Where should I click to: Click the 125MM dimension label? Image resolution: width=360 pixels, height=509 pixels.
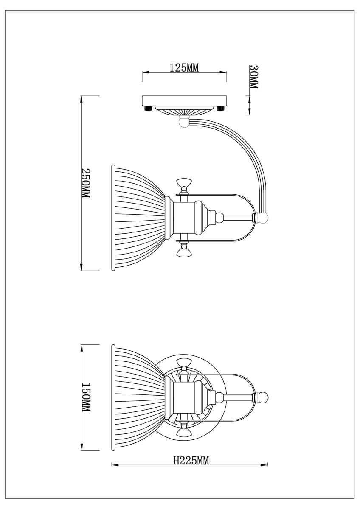[x=184, y=68]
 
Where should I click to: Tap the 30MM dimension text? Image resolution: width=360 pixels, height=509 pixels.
[x=253, y=77]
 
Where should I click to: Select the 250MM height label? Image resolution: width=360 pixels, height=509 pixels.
[x=86, y=183]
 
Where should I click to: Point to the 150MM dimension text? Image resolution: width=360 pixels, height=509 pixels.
[x=86, y=399]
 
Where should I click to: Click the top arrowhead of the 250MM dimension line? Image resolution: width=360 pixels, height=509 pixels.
[x=81, y=99]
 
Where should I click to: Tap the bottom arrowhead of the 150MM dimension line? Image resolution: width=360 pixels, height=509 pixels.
[x=81, y=448]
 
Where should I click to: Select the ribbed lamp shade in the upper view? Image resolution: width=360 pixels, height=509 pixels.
[x=136, y=217]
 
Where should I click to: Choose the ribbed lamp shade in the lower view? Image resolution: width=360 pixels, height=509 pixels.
[x=136, y=397]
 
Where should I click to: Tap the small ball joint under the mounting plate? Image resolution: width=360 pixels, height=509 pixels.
[x=184, y=122]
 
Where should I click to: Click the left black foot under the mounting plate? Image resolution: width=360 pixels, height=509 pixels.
[x=148, y=109]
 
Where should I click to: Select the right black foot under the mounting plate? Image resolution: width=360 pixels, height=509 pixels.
[x=220, y=109]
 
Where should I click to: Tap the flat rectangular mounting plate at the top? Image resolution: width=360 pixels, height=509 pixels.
[x=184, y=101]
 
